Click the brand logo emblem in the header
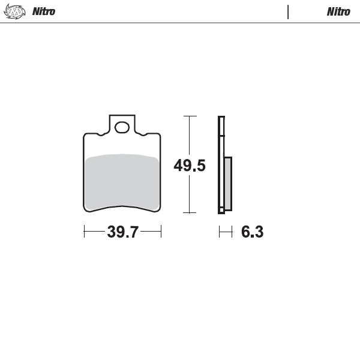click(x=16, y=11)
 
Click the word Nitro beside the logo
click(x=43, y=11)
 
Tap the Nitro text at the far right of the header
click(x=338, y=11)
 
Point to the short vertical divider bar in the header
click(x=288, y=11)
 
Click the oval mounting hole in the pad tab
click(x=122, y=127)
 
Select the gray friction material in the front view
click(x=122, y=182)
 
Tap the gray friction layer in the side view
click(x=228, y=183)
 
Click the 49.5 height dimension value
click(x=190, y=166)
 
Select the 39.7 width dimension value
click(x=122, y=232)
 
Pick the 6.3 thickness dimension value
click(x=252, y=232)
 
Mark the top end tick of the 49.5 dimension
click(x=190, y=116)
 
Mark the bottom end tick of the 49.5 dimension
click(x=190, y=212)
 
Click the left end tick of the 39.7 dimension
click(x=84, y=232)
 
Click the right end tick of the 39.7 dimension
click(x=161, y=232)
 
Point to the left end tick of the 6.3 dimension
click(x=219, y=232)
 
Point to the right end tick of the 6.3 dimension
click(x=232, y=232)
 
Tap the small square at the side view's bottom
click(x=221, y=210)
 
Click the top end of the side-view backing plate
click(x=221, y=118)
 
